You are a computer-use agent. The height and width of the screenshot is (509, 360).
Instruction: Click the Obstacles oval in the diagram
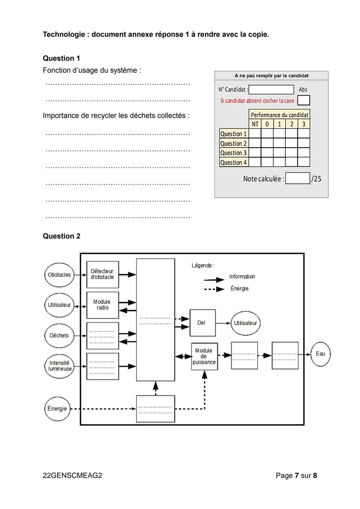tap(59, 275)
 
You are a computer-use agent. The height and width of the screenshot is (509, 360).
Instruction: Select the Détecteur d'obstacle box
tap(102, 274)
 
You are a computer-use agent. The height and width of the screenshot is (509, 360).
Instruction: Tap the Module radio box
tap(102, 305)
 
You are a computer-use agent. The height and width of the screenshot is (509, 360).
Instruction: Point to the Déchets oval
tap(59, 336)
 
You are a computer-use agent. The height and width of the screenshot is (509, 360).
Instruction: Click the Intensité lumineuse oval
tap(59, 366)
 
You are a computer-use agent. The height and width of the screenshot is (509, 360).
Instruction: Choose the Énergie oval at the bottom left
tap(57, 409)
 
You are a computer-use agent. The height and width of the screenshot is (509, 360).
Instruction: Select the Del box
tap(202, 323)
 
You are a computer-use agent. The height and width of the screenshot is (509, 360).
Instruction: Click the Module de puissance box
tap(204, 356)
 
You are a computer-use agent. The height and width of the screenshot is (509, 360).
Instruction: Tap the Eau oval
tap(320, 354)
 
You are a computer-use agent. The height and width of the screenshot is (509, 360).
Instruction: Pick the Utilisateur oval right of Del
tap(245, 323)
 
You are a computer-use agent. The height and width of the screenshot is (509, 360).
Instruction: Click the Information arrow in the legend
tap(214, 280)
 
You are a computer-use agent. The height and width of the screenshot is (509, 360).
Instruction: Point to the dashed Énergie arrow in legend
tap(214, 289)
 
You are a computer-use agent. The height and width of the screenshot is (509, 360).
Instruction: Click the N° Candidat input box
tap(271, 90)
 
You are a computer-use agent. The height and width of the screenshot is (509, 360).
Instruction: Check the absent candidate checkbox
tap(303, 100)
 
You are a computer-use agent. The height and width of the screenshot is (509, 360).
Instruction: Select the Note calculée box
tap(298, 178)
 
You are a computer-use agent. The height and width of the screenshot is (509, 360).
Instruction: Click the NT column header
tap(255, 124)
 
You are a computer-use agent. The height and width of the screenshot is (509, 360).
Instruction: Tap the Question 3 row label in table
tap(234, 153)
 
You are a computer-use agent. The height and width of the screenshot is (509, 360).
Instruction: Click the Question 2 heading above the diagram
tap(62, 236)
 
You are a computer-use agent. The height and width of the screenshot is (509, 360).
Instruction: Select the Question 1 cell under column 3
tap(304, 134)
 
